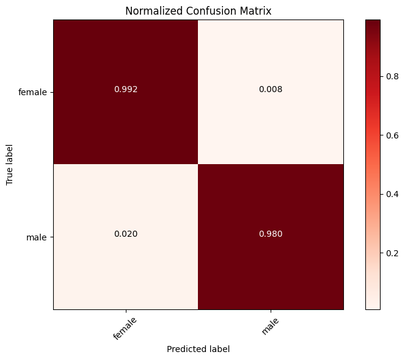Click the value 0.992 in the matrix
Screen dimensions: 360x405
[126, 89]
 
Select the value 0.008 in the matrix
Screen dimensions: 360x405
[271, 89]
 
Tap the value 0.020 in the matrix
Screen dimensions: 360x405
[126, 234]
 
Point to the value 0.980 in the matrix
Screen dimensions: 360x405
[271, 234]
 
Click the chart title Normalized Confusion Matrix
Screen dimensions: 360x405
[198, 10]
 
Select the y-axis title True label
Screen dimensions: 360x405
[10, 164]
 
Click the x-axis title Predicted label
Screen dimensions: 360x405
[198, 348]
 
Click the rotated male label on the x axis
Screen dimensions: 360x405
[270, 324]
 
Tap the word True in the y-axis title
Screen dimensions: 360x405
[10, 177]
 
